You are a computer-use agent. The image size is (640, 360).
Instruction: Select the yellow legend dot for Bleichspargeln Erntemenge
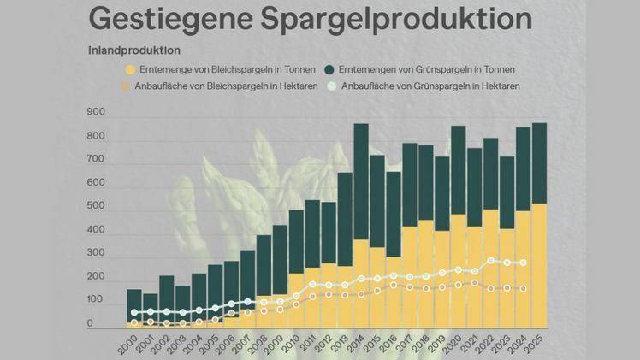pos(129,69)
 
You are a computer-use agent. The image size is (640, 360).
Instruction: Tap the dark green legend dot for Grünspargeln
pos(330,69)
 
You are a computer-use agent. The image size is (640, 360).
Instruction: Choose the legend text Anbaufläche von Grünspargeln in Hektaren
pos(431,86)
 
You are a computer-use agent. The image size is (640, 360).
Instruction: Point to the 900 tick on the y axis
pos(96,113)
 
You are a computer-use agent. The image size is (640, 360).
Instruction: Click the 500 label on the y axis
pos(96,207)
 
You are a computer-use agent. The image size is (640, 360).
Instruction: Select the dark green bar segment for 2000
pos(134,304)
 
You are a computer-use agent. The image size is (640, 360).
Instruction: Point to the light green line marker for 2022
pos(490,261)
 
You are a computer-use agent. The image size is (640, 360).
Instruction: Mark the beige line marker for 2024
pos(523,289)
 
